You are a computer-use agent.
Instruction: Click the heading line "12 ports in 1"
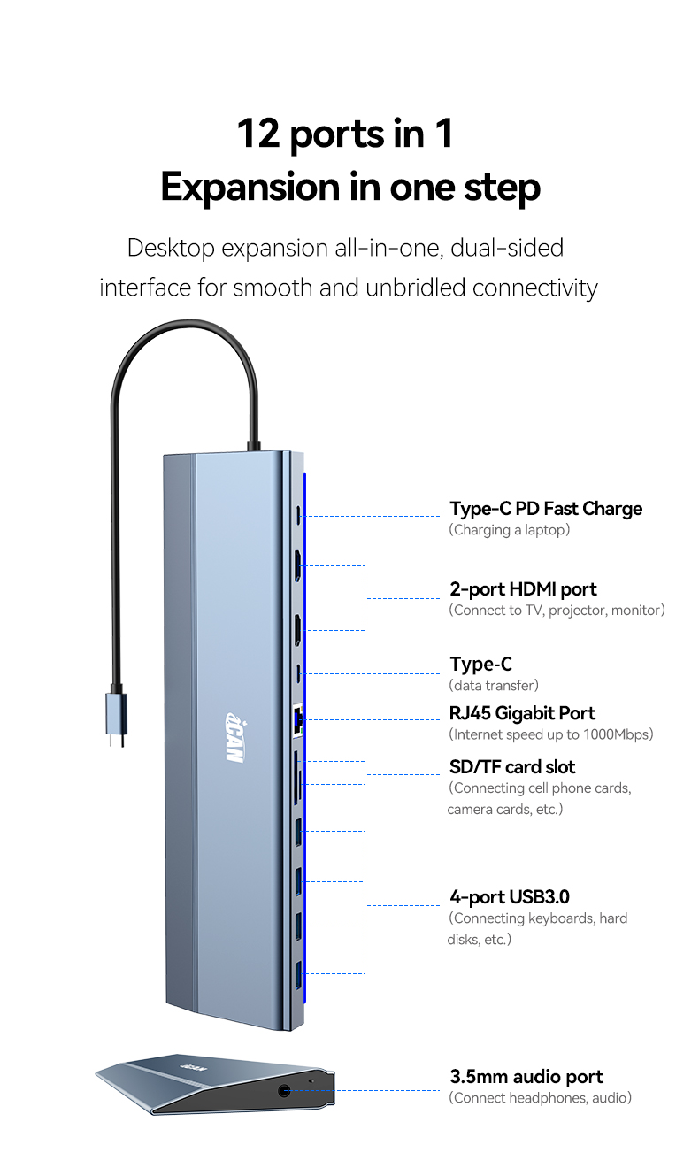pyautogui.click(x=345, y=134)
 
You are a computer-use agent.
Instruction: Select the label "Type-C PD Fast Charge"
pyautogui.click(x=545, y=509)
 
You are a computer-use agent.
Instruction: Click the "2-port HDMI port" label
pyautogui.click(x=523, y=589)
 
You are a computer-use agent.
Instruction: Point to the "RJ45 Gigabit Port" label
pyautogui.click(x=522, y=713)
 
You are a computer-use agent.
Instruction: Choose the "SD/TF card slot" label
pyautogui.click(x=512, y=767)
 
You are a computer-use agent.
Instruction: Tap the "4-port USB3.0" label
pyautogui.click(x=510, y=897)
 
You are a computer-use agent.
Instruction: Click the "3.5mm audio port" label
pyautogui.click(x=526, y=1077)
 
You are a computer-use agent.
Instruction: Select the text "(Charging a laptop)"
pyautogui.click(x=510, y=530)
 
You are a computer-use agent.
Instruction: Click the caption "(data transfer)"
pyautogui.click(x=494, y=685)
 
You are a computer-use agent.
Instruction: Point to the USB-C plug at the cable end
pyautogui.click(x=116, y=719)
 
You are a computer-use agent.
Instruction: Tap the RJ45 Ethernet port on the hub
pyautogui.click(x=297, y=721)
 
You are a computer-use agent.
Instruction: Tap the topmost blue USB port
pyautogui.click(x=298, y=833)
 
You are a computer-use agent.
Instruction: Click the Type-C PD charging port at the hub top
pyautogui.click(x=298, y=515)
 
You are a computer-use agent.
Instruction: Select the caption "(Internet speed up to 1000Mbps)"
pyautogui.click(x=551, y=734)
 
